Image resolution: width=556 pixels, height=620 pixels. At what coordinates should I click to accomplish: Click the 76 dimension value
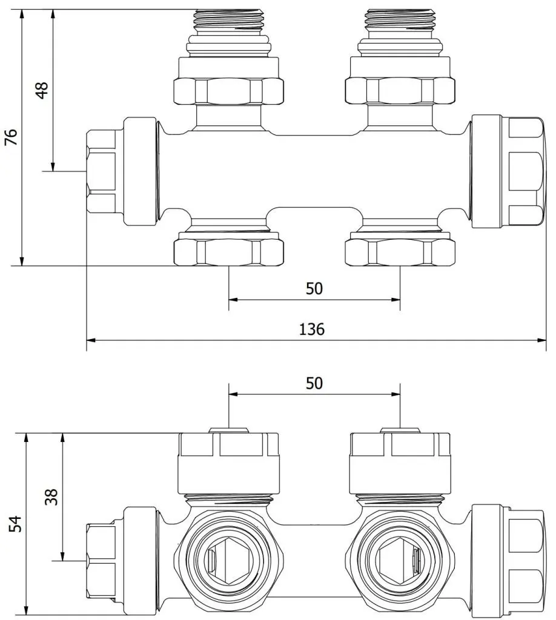[12, 137]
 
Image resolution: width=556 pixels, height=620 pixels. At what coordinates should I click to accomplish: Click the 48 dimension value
[42, 90]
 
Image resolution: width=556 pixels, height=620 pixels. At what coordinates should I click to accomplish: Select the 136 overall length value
[311, 329]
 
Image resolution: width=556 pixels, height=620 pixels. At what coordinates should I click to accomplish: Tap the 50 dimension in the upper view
[314, 289]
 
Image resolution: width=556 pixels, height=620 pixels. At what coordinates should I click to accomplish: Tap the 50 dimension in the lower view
[314, 383]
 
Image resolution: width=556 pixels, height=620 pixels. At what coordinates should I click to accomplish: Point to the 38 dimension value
[51, 496]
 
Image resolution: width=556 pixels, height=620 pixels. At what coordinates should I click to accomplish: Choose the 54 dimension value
[15, 524]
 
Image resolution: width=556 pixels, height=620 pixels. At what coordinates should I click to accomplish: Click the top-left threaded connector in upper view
[228, 20]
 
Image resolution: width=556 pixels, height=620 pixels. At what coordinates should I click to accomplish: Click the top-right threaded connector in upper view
[400, 20]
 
